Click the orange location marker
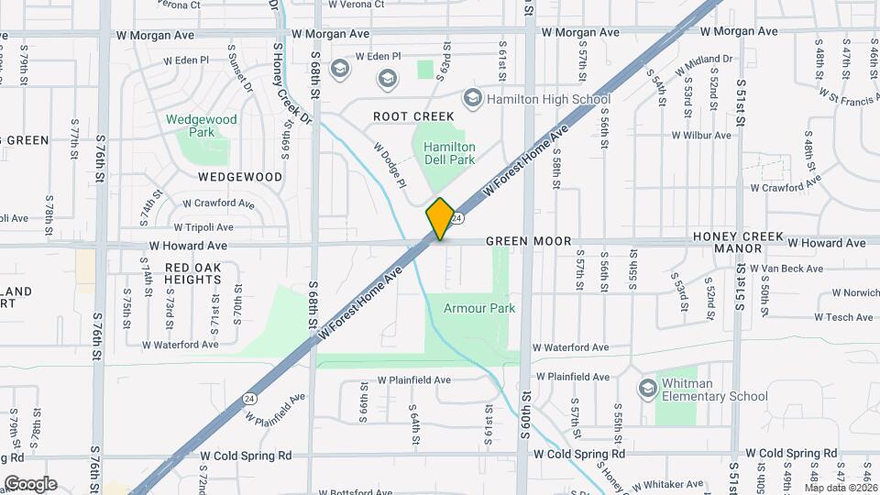[x=440, y=219]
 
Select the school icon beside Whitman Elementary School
[x=648, y=389]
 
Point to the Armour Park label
[x=479, y=309]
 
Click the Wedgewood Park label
[x=202, y=126]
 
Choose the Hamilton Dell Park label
[x=449, y=153]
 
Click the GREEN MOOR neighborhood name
[x=529, y=241]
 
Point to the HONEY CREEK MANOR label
[x=739, y=242]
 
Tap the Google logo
[x=30, y=483]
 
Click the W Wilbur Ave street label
[x=701, y=135]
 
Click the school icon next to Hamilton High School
[x=473, y=98]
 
